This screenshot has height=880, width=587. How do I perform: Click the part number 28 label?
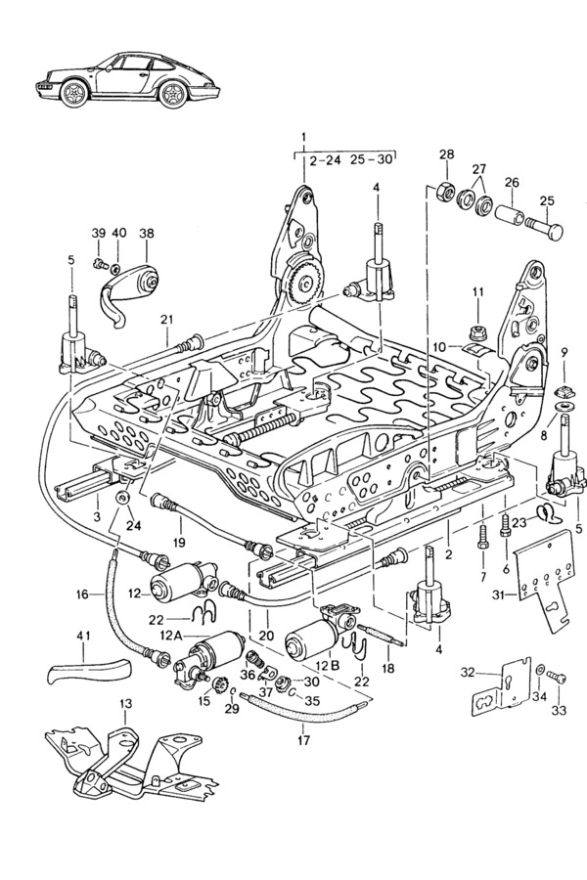[x=446, y=155]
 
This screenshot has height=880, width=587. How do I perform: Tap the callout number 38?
[x=147, y=234]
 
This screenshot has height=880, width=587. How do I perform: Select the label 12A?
[x=172, y=637]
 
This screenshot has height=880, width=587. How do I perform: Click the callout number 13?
[x=125, y=704]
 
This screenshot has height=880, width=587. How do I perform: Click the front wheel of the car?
[x=75, y=96]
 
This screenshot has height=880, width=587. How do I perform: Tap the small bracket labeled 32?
[x=495, y=694]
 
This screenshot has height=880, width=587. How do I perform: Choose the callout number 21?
[x=166, y=320]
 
